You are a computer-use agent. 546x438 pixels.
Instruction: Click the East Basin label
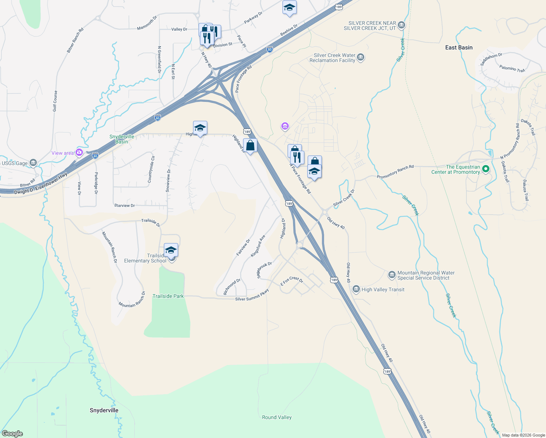[x=459, y=47]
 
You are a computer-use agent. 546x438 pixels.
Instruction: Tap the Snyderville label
[x=104, y=410]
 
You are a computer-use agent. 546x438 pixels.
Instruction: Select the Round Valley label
[x=277, y=417]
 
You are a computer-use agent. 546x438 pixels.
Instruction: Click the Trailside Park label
[x=168, y=296]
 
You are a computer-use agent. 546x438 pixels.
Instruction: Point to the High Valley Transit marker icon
[x=356, y=289]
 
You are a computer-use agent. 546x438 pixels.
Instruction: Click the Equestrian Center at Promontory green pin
[x=485, y=169]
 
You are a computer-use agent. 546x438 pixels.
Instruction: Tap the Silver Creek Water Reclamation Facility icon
[x=361, y=58]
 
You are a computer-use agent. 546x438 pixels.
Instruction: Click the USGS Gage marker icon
[x=33, y=163]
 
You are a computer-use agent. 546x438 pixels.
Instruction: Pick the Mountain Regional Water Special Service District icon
[x=392, y=275]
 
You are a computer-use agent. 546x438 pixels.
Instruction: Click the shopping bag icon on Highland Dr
[x=250, y=146]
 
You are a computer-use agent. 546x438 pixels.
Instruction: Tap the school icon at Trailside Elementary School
[x=171, y=250]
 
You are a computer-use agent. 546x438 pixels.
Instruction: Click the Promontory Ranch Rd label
[x=395, y=172]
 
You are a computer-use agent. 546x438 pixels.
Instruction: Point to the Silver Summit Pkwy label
[x=252, y=295]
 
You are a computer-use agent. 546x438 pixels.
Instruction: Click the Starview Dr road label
[x=124, y=205]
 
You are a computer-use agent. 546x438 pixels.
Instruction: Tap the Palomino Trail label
[x=512, y=68]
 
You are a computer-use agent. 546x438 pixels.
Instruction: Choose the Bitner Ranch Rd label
[x=75, y=40]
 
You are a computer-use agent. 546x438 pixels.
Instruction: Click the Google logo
[x=12, y=434]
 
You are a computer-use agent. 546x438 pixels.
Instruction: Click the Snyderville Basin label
[x=122, y=139]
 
